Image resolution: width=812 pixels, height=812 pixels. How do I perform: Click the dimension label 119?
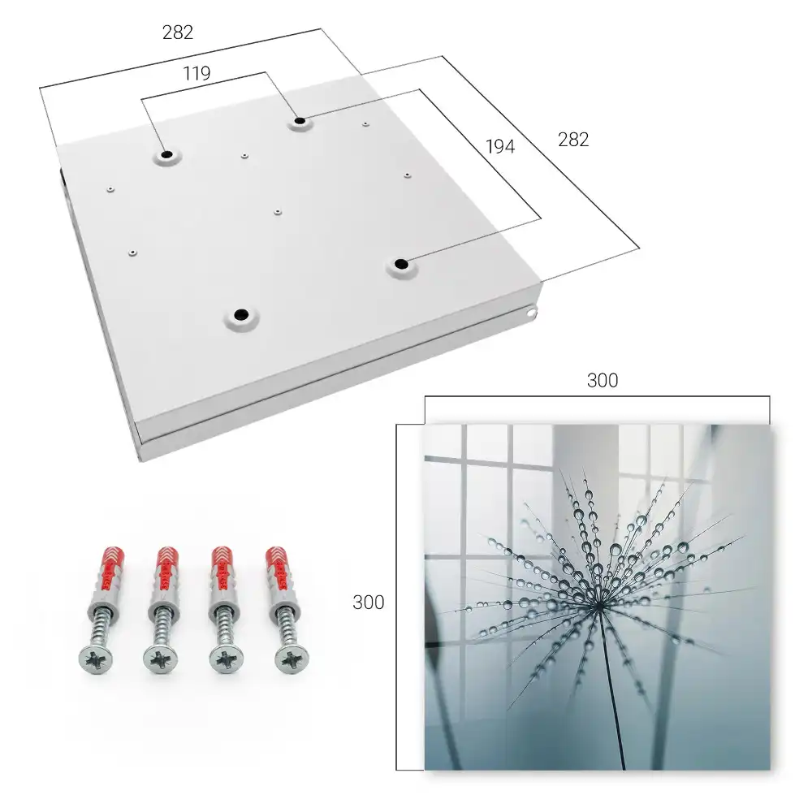click(197, 74)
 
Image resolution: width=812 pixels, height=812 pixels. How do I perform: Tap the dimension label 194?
click(500, 147)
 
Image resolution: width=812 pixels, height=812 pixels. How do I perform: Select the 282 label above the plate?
click(178, 32)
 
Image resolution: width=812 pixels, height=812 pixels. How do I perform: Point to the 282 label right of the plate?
click(573, 140)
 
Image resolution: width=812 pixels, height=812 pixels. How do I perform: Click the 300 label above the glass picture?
click(603, 381)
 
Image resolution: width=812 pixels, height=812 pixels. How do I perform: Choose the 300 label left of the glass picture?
click(368, 603)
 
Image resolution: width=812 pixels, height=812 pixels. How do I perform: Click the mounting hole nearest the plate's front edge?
click(241, 315)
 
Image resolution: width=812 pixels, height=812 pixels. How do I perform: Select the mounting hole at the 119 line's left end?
click(166, 155)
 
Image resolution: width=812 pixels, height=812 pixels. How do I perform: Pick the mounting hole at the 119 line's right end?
click(300, 122)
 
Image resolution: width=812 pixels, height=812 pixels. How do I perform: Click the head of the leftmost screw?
click(96, 659)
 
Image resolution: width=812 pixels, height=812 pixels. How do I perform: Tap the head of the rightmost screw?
click(292, 659)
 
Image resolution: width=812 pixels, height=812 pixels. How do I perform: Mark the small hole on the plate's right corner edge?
click(531, 313)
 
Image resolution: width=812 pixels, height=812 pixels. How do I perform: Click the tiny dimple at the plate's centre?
click(278, 212)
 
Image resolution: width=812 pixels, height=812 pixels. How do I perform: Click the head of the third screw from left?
click(227, 659)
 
